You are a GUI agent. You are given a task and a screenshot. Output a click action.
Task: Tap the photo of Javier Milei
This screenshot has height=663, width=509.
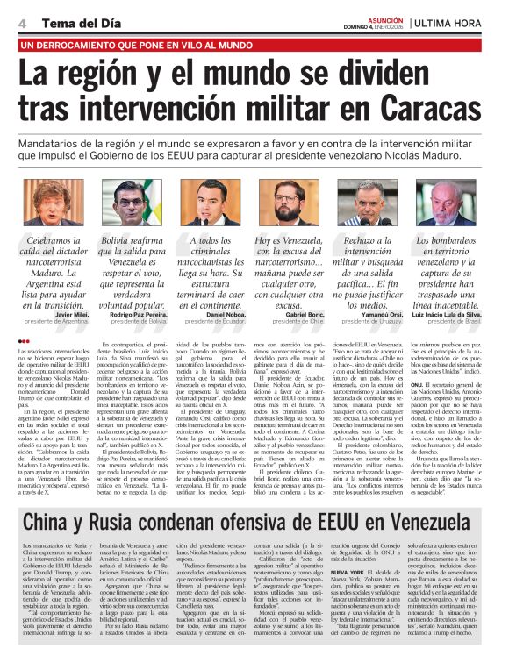[50, 201]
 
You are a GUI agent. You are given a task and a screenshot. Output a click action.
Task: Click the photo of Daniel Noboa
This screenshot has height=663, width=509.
[211, 201]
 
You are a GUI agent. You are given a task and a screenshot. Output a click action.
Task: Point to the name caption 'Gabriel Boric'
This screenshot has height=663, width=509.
[309, 312]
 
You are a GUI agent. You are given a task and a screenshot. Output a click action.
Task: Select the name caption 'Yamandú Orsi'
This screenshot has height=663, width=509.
[386, 312]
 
